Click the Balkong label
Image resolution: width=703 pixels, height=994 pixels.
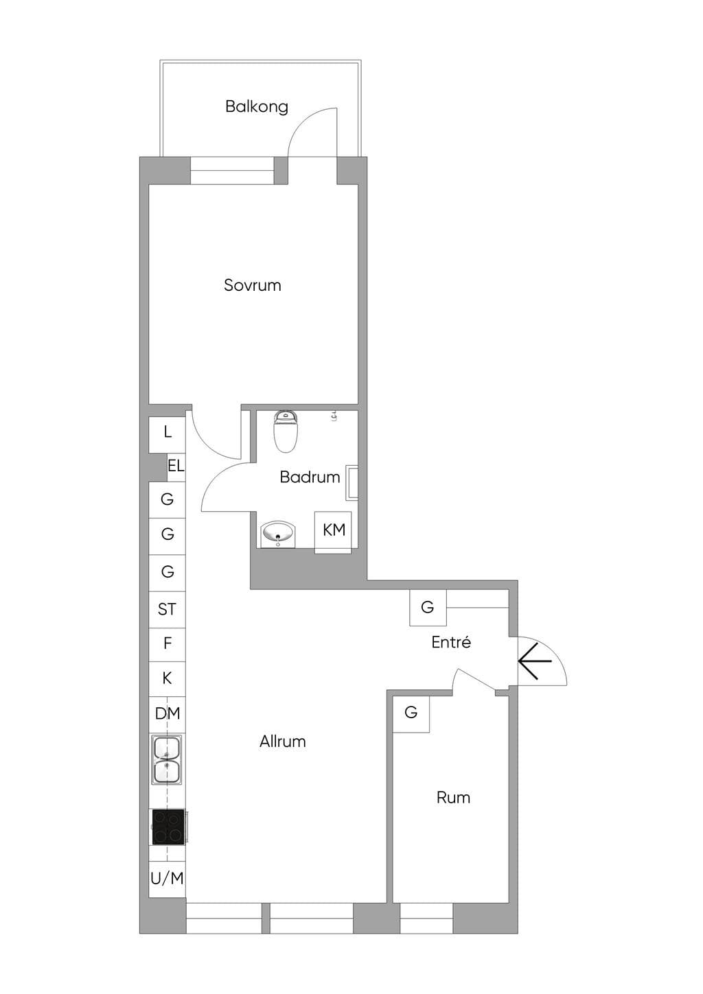[x=257, y=107]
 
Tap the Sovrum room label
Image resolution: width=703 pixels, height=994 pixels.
[x=252, y=285]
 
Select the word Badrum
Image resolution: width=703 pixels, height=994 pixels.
[x=310, y=477]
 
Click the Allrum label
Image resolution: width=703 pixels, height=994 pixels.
[x=283, y=742]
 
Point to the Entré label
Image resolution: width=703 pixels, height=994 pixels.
[x=451, y=642]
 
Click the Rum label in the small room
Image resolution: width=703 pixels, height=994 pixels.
[x=453, y=798]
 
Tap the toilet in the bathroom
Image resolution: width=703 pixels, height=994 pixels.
[x=285, y=431]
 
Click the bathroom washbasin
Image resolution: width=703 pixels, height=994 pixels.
[x=278, y=534]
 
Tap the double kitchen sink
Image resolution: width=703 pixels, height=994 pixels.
[x=167, y=759]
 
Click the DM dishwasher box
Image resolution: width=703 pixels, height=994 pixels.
[x=167, y=713]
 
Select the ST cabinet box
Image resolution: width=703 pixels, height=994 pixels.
[x=167, y=609]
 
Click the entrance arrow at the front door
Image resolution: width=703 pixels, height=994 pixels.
[x=535, y=661]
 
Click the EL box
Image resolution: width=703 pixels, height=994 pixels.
[x=176, y=467]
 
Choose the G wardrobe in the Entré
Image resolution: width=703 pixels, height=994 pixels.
[x=428, y=608]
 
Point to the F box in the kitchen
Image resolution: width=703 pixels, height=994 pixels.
[x=167, y=644]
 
